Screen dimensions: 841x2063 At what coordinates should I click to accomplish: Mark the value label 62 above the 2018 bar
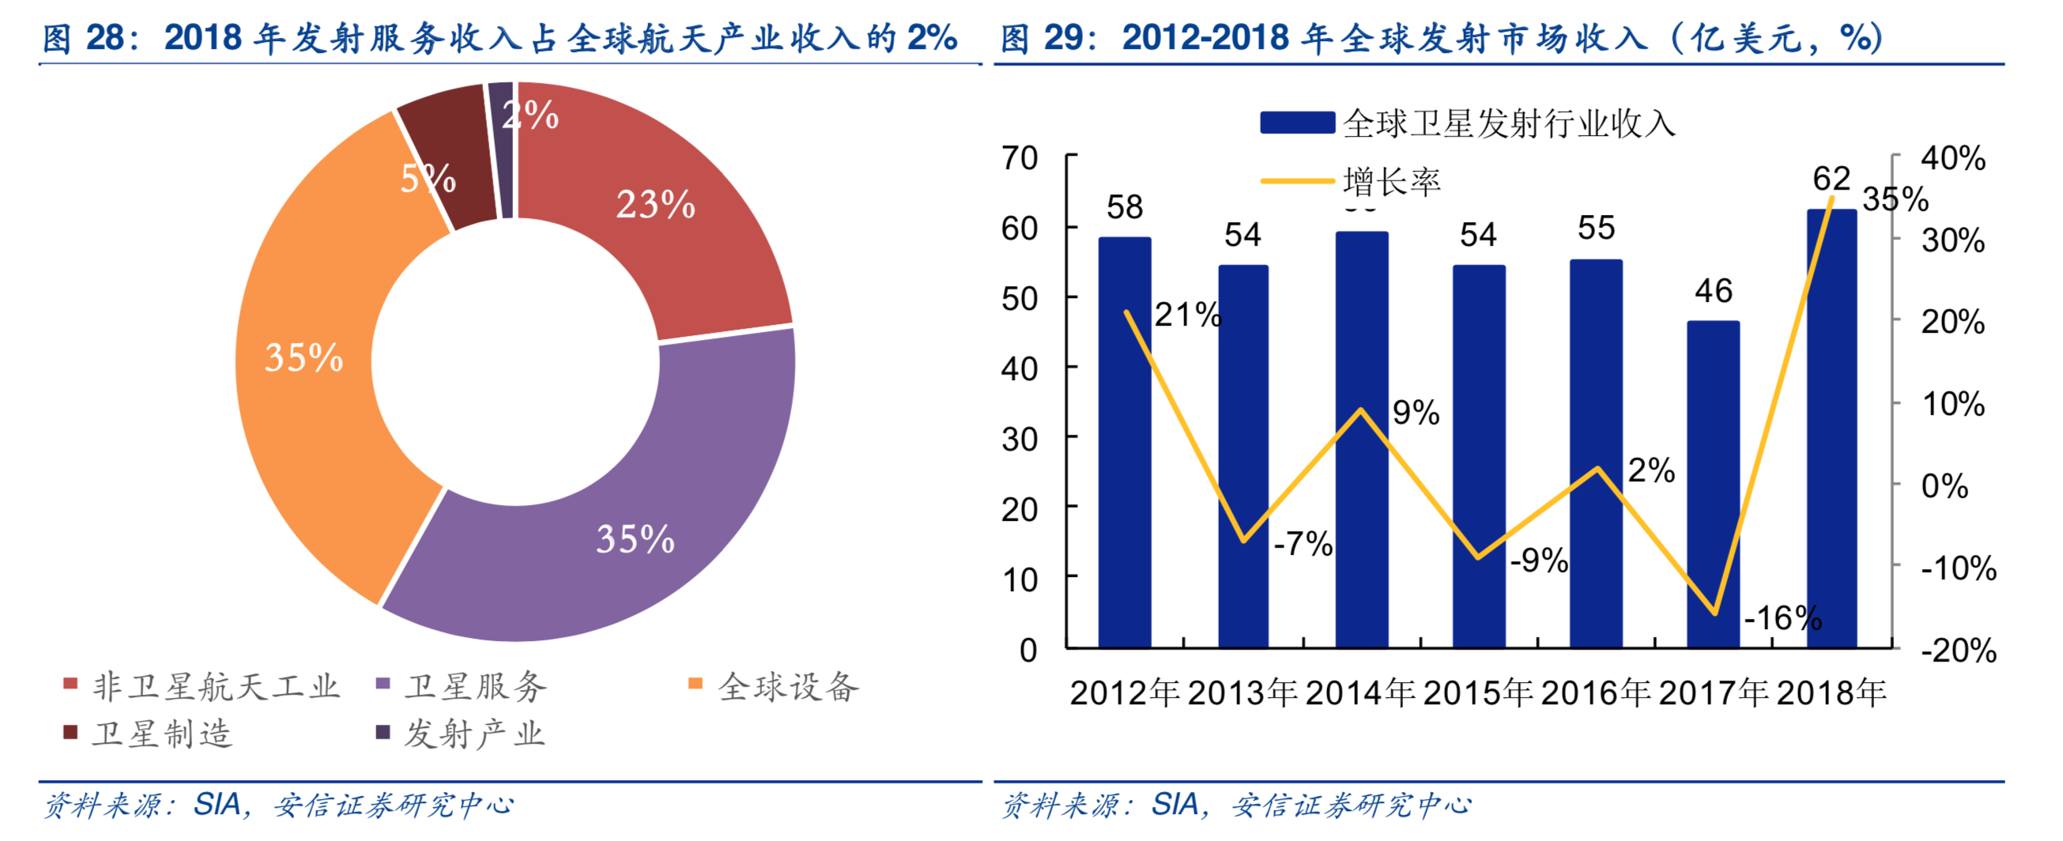pyautogui.click(x=1831, y=178)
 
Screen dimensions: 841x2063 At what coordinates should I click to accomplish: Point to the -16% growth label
pyautogui.click(x=1782, y=617)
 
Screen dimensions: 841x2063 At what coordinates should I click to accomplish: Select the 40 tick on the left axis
pyautogui.click(x=1020, y=368)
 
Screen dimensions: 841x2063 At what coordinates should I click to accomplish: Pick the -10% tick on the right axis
pyautogui.click(x=1958, y=568)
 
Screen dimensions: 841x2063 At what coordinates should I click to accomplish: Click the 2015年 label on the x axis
pyautogui.click(x=1477, y=693)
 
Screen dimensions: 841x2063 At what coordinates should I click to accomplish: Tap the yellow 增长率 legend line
pyautogui.click(x=1297, y=182)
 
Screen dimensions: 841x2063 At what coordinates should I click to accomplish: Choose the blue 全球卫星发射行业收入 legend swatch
pyautogui.click(x=1297, y=123)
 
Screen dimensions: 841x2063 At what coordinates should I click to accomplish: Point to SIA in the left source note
pyautogui.click(x=217, y=804)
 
